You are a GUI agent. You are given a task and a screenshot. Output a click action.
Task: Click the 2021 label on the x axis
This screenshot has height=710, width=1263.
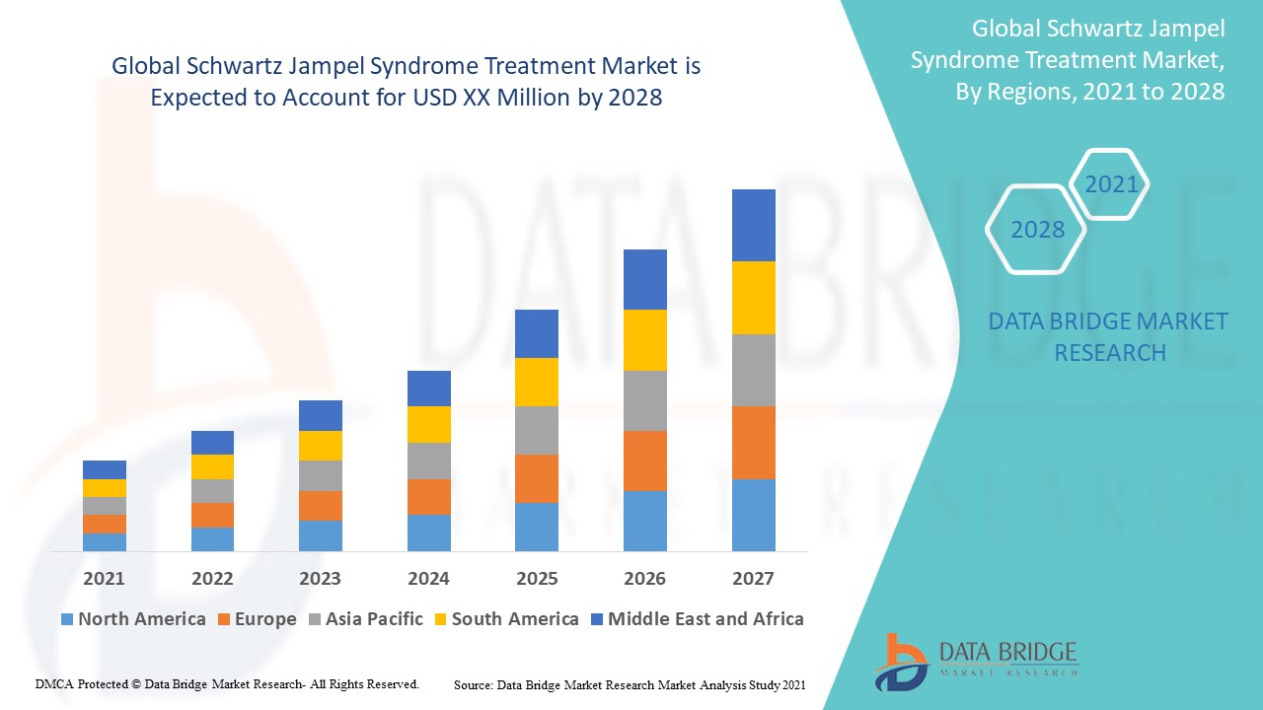coord(104,578)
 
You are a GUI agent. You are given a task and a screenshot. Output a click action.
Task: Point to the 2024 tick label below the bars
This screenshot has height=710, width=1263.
coord(428,578)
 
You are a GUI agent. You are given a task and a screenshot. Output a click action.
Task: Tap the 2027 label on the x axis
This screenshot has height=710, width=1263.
coord(753,578)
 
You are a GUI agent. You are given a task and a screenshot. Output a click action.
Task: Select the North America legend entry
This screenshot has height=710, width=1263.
coord(133,619)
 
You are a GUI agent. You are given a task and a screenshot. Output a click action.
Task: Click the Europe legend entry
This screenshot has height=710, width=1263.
coord(256,619)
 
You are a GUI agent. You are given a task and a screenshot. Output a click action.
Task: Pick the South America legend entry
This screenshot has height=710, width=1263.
coord(505,619)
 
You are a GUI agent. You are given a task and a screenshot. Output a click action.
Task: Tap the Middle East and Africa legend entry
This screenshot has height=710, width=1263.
coord(697,619)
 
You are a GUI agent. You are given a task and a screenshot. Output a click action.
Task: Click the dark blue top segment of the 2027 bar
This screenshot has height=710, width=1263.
coord(753,225)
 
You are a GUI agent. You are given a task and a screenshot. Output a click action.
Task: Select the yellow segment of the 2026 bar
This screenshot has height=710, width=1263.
coord(645,340)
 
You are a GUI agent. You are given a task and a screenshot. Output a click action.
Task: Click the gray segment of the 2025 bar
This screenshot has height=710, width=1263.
coord(537,430)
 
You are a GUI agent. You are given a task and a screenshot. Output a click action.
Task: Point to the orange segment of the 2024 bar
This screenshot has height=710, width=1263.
coord(428,497)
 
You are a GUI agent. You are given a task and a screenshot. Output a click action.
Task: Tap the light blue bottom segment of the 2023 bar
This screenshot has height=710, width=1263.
coord(321,535)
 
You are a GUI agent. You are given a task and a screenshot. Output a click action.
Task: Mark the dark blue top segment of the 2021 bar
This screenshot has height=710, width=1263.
coord(104,469)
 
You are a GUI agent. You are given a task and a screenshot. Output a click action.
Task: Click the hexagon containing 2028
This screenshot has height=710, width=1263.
coord(1036,229)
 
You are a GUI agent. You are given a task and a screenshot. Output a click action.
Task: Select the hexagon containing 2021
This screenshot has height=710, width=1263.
coord(1110,184)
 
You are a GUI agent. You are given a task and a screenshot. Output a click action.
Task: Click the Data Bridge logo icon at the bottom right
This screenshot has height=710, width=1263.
coord(899,661)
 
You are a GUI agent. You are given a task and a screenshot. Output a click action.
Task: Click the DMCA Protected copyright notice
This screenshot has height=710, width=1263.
coord(227,683)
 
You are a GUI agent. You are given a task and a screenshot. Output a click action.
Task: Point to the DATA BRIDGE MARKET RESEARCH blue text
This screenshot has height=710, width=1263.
coord(1108,336)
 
